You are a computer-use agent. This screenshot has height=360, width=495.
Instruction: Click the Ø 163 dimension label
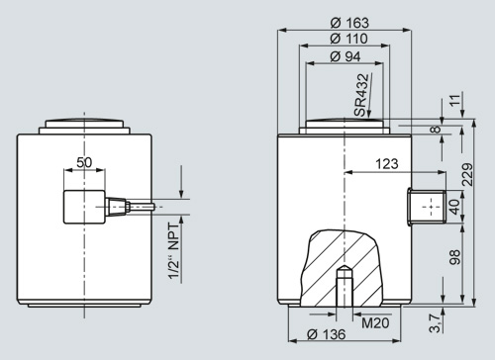coord(349,23)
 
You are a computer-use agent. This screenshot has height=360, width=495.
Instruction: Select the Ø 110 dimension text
coord(348,39)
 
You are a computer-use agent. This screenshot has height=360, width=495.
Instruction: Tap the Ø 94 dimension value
coord(346,56)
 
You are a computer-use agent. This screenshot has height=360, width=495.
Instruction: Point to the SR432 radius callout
coord(361,95)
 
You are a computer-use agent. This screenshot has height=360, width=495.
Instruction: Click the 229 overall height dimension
coord(467,174)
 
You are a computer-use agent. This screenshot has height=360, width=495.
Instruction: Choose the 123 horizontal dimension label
coord(387,163)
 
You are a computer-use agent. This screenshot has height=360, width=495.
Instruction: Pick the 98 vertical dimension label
coord(454,257)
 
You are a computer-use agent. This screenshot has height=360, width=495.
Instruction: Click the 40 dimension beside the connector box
coord(454,207)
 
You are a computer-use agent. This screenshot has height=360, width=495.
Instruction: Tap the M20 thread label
coord(375,322)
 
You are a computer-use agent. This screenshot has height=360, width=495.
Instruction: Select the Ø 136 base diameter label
coord(326,334)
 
